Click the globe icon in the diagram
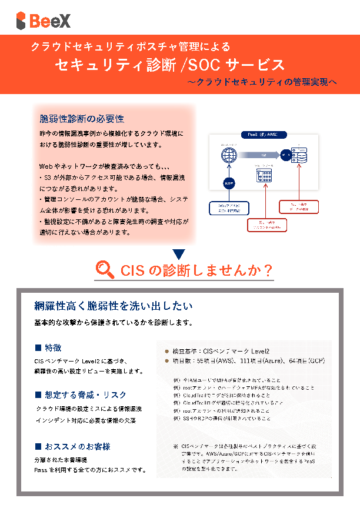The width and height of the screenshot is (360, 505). tap(229, 155)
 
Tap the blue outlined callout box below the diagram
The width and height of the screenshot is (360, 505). tap(229, 208)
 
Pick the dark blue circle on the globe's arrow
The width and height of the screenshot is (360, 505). tap(229, 183)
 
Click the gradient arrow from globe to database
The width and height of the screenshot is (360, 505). tap(260, 155)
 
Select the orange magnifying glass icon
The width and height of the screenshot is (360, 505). tap(105, 270)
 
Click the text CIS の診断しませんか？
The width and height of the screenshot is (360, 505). tap(196, 270)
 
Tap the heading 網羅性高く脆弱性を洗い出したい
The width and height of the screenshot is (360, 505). tap(114, 306)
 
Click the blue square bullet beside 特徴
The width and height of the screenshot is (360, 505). tap(38, 347)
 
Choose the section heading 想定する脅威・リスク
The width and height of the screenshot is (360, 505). tap(86, 394)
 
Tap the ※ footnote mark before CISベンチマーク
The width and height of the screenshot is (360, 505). tap(176, 446)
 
